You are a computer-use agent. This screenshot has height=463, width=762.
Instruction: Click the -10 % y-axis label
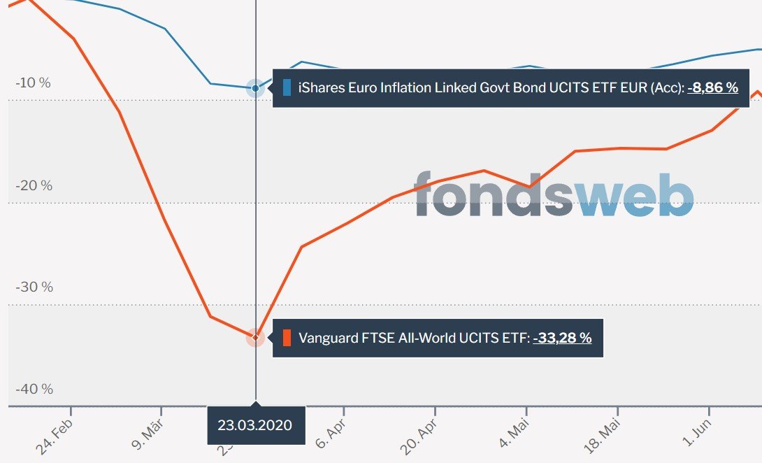pos(33,83)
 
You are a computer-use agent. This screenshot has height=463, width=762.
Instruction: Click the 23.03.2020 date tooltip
pos(255,425)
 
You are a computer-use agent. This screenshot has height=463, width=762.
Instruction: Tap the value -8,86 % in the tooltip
pos(712,88)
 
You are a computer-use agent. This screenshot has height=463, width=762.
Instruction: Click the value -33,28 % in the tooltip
pos(562,338)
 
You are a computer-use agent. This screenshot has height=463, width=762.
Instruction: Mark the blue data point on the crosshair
pos(256,88)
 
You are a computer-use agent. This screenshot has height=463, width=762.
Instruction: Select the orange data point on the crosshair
pos(256,337)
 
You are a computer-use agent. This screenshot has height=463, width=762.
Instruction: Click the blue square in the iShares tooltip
pos(287,88)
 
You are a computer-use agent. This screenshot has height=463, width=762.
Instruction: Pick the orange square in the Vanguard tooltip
pos(287,338)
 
